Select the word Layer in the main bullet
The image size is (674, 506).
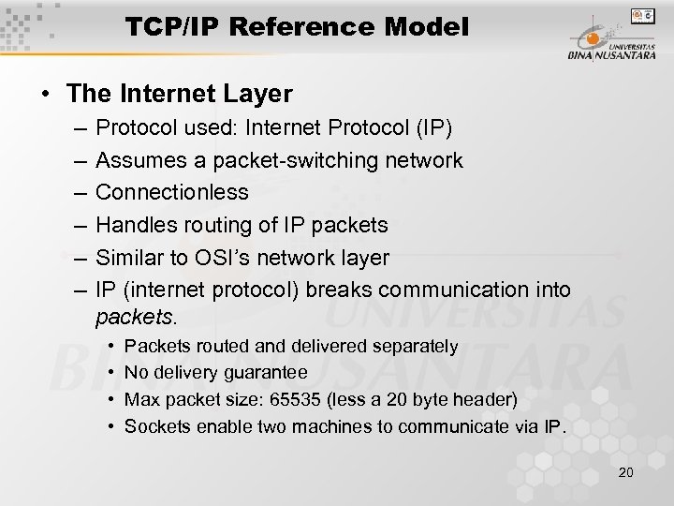click(264, 94)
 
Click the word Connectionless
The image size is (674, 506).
click(172, 192)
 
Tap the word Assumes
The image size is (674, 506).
click(138, 160)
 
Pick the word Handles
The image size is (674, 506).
click(134, 225)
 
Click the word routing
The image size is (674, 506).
click(212, 225)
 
